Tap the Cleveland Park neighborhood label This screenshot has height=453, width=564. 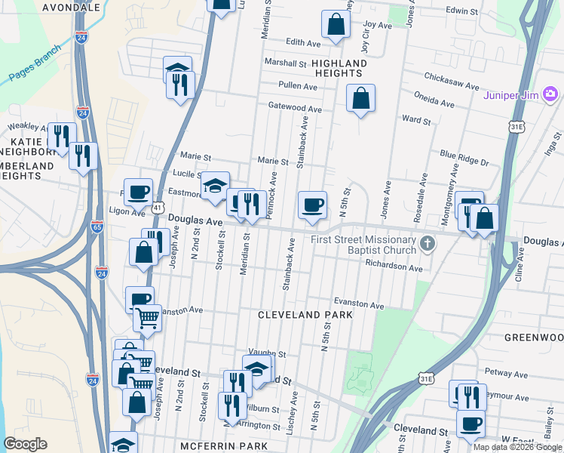tap(305, 314)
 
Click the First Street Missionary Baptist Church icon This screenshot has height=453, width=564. tap(428, 243)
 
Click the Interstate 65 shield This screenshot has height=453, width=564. tap(97, 226)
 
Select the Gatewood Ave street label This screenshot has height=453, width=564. tap(296, 109)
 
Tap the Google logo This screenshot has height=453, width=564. tap(26, 443)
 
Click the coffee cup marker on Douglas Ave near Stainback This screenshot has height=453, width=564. tap(312, 205)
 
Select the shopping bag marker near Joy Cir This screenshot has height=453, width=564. tap(336, 24)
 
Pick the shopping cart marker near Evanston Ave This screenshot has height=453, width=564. tap(147, 319)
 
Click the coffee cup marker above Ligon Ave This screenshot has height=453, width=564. tap(138, 193)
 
